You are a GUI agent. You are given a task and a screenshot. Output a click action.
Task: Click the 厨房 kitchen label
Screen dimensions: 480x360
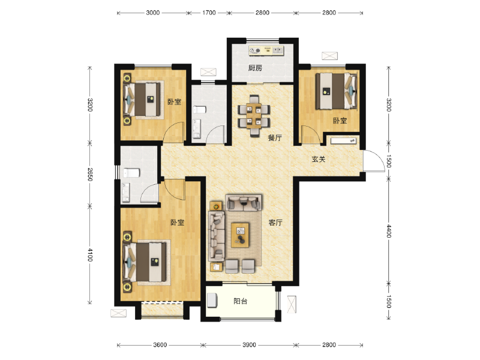[x=255, y=68]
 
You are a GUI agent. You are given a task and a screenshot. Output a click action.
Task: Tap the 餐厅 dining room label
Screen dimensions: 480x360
[x=275, y=138]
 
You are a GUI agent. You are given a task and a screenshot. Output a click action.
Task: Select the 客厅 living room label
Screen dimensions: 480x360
[x=275, y=223]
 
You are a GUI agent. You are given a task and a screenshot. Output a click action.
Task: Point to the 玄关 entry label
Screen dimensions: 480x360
[x=319, y=159]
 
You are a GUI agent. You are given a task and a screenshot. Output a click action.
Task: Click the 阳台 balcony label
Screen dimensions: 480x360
[x=241, y=301]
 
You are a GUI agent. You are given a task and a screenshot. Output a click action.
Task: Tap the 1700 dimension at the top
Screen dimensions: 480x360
[x=209, y=13]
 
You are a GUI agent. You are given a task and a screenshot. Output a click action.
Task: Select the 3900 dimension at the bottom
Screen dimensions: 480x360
[x=249, y=345]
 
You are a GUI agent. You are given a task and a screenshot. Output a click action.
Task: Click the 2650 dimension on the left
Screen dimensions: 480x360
[x=89, y=174]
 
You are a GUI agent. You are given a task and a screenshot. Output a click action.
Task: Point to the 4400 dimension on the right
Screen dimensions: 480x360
[x=388, y=231]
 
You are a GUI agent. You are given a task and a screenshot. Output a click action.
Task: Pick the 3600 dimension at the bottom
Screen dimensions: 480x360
[x=160, y=345]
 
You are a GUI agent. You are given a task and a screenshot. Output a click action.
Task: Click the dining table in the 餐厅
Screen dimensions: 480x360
[x=254, y=116]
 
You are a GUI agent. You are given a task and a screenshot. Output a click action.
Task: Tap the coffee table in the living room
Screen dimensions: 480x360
[x=240, y=235]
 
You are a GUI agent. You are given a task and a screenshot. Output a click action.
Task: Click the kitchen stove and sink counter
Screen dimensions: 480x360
[x=266, y=50]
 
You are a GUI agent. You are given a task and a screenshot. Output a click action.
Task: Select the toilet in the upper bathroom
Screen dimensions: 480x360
[x=199, y=110]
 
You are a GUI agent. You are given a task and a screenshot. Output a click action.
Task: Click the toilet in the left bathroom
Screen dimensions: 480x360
[x=131, y=173]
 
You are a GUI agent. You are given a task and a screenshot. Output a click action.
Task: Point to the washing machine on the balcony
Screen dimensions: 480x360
[x=212, y=300]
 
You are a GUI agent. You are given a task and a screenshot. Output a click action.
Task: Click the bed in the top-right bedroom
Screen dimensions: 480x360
[x=336, y=91]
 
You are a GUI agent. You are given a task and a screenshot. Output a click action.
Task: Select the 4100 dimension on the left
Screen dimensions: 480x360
[x=89, y=254]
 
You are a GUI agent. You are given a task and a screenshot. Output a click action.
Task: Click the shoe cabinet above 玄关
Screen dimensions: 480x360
[x=344, y=140]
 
